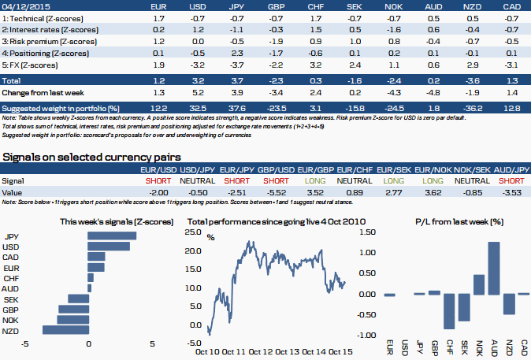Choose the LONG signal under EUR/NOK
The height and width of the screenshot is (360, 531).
(432, 180)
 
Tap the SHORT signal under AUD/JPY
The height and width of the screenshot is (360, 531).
(511, 180)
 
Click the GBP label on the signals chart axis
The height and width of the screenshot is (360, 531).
(12, 310)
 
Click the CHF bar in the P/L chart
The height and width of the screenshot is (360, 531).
(449, 311)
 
